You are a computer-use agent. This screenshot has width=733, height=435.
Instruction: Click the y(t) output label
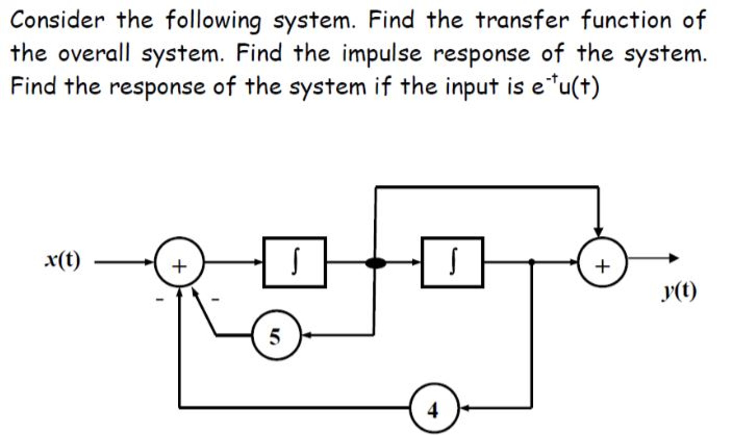click(x=679, y=291)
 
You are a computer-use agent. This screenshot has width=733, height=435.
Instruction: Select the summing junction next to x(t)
click(x=179, y=262)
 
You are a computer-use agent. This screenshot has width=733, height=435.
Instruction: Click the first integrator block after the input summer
click(x=294, y=262)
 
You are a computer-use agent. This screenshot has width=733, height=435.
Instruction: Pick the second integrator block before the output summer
click(x=452, y=262)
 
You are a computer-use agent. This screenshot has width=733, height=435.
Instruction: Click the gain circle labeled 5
click(x=276, y=335)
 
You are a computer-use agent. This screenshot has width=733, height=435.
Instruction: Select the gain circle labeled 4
click(x=434, y=408)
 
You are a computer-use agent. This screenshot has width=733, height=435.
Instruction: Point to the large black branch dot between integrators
click(x=375, y=263)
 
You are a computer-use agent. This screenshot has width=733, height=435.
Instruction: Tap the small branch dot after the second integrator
click(x=532, y=262)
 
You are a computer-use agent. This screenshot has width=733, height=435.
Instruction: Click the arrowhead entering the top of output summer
click(x=598, y=232)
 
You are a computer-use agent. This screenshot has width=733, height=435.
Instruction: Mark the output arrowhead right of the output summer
click(x=674, y=258)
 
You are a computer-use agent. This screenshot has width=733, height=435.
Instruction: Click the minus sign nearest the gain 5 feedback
click(x=215, y=299)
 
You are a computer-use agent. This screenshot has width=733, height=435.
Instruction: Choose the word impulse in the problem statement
click(x=382, y=54)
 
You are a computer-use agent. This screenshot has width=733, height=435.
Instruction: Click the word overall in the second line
click(x=94, y=54)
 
